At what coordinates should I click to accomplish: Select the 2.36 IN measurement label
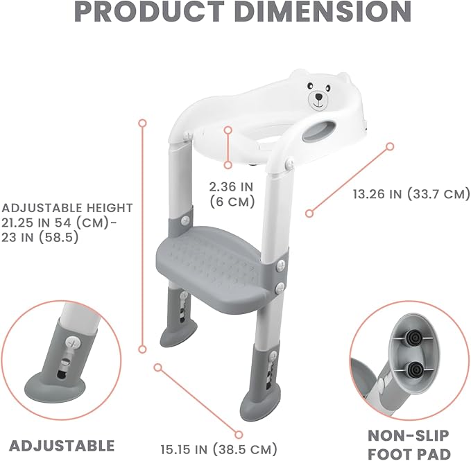(232, 186)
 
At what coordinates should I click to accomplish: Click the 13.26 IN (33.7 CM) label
(411, 194)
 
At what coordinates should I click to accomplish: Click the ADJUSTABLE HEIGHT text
(67, 207)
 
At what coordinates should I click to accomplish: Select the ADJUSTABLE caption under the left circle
(62, 445)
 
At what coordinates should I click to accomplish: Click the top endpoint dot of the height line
(142, 123)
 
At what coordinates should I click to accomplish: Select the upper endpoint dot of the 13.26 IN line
(390, 146)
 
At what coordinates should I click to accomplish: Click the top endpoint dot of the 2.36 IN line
(228, 130)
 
